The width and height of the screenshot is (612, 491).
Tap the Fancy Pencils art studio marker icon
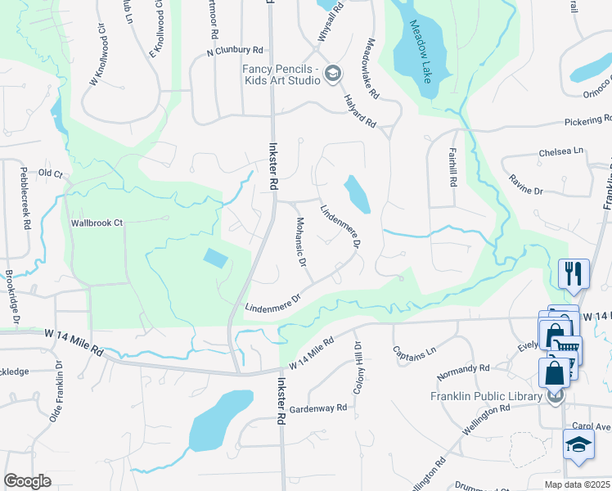(x=332, y=74)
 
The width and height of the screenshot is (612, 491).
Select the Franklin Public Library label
(x=487, y=397)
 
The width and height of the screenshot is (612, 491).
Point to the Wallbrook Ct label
(x=96, y=223)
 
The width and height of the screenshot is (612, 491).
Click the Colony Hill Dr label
(x=357, y=369)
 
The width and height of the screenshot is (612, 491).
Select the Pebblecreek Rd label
(x=25, y=197)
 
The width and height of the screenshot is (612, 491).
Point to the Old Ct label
(x=50, y=173)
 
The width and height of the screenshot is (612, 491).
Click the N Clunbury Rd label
(x=235, y=51)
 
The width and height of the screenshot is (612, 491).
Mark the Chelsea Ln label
(x=561, y=151)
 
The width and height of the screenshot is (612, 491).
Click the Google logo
(x=27, y=481)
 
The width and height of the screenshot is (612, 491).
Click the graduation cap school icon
(x=578, y=447)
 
